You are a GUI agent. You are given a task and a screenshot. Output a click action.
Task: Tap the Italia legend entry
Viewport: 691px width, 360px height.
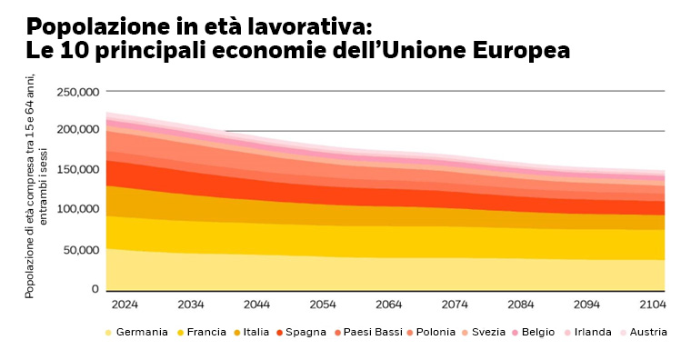pyautogui.click(x=255, y=332)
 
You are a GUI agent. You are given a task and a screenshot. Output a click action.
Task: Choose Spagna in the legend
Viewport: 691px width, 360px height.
pyautogui.click(x=305, y=332)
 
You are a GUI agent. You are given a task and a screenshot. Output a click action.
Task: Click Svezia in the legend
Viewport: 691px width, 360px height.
pyautogui.click(x=488, y=332)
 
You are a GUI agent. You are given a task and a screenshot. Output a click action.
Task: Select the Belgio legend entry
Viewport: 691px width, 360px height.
pyautogui.click(x=537, y=332)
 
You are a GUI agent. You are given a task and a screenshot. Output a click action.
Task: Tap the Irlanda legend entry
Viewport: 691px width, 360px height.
pyautogui.click(x=592, y=332)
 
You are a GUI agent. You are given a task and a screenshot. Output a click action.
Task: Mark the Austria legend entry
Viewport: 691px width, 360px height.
pyautogui.click(x=648, y=332)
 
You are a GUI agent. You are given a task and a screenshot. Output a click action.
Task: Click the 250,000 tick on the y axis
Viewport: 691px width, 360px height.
pyautogui.click(x=77, y=92)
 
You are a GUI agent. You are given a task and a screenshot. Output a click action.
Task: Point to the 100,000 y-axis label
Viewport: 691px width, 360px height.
pyautogui.click(x=77, y=209)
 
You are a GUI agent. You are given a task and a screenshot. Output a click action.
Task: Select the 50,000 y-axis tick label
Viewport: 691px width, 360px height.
pyautogui.click(x=80, y=249)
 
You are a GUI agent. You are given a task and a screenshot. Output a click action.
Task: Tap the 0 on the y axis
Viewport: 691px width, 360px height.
pyautogui.click(x=95, y=288)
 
